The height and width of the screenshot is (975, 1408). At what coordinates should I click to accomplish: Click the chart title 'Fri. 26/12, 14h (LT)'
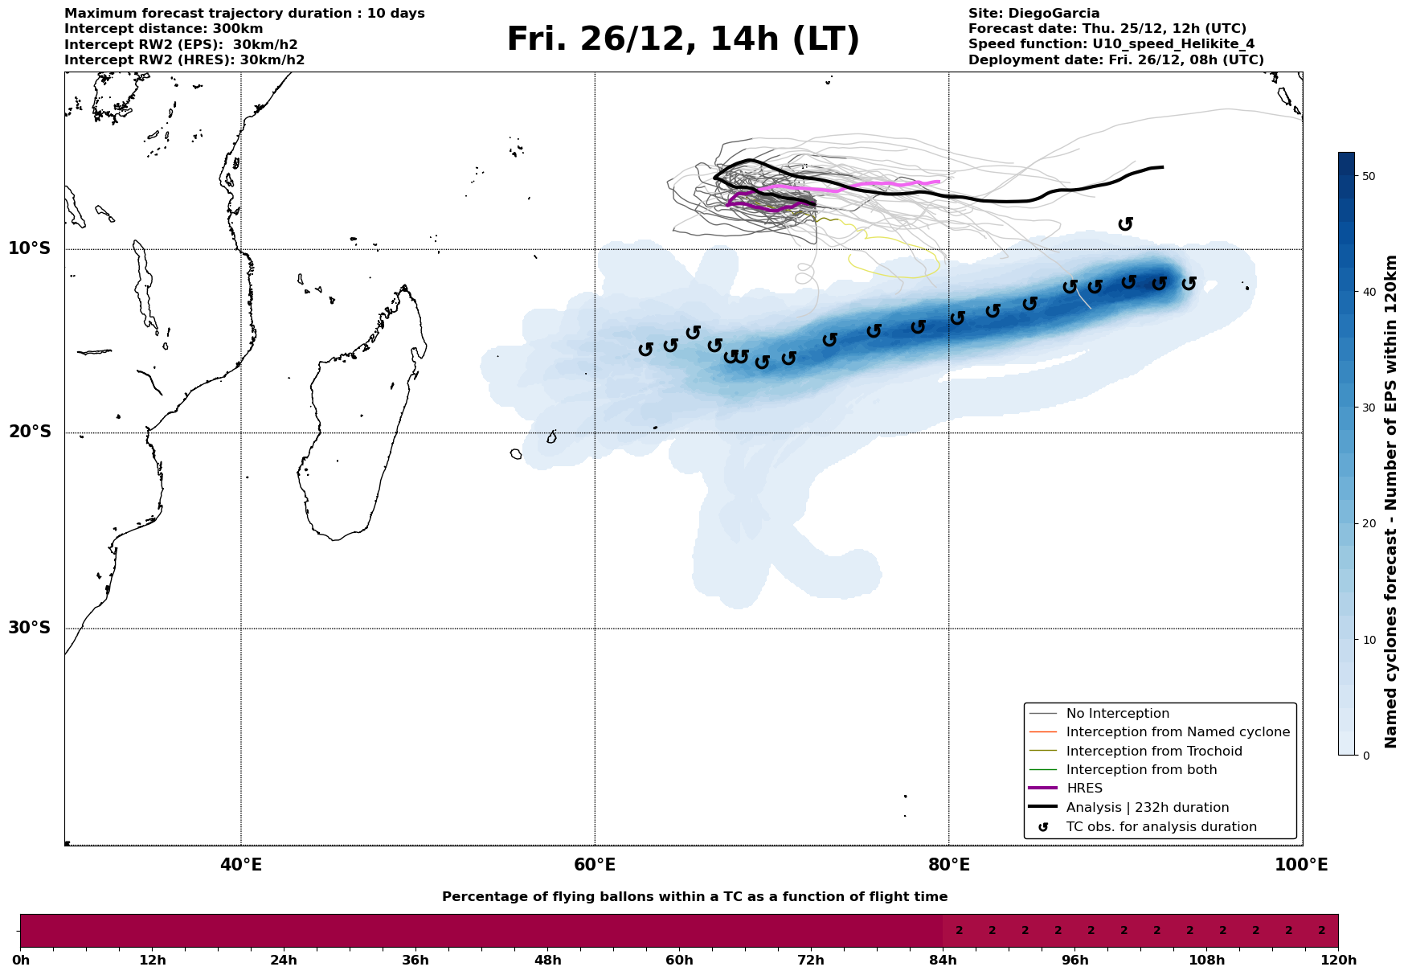pos(682,40)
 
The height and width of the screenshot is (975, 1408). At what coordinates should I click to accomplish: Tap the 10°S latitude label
pos(30,248)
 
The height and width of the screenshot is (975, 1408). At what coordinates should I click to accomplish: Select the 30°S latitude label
pos(30,628)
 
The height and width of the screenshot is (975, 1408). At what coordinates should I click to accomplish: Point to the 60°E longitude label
pos(595,866)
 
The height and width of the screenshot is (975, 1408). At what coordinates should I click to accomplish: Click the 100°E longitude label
pos(1301,866)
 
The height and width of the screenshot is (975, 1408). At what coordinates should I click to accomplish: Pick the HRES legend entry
pos(1084,789)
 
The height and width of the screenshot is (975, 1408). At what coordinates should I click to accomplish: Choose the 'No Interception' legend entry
pos(1117,714)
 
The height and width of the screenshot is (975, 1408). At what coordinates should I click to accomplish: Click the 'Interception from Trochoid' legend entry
pos(1153,752)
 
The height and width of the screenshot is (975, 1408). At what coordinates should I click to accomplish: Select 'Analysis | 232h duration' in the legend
pos(1147,808)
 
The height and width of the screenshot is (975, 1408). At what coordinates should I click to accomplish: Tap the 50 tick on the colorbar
pos(1368,176)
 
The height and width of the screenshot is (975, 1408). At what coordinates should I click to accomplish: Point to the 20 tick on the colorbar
pos(1368,524)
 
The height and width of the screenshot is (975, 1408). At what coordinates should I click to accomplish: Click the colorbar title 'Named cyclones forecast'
pos(1391,502)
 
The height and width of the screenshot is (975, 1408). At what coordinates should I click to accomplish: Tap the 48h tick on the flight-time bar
pos(547,961)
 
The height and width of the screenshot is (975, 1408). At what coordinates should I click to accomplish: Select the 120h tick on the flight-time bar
pos(1337,961)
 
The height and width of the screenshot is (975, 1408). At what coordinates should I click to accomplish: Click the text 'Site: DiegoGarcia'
pos(1033,14)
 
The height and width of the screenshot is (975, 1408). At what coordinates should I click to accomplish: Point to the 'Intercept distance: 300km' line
pos(163,29)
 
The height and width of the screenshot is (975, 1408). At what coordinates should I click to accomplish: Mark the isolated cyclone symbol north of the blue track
pos(1125,224)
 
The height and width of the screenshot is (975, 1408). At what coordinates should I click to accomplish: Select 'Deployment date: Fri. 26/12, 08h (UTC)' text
pos(1115,60)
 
